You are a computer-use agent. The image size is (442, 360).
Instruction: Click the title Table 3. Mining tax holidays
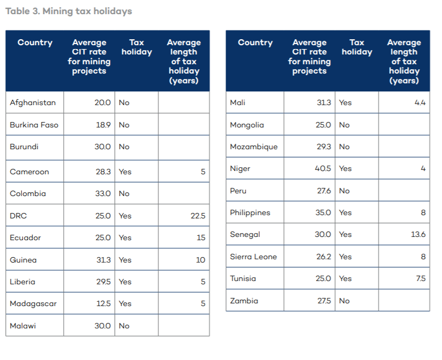tap(69, 11)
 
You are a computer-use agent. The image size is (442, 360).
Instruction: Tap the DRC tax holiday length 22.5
tap(197, 216)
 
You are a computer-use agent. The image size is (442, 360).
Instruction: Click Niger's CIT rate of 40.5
tap(323, 168)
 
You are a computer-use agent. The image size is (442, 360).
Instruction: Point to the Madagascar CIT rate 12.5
tap(103, 303)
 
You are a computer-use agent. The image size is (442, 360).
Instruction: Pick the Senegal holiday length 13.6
tap(419, 234)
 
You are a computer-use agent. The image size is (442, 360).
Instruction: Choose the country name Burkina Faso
tap(34, 125)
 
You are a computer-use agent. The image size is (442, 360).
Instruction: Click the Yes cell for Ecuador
tap(125, 237)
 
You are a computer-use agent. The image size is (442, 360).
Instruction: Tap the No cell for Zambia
tap(344, 301)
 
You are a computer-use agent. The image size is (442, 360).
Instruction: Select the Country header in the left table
tap(35, 42)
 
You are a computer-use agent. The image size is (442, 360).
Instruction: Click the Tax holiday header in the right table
tap(357, 47)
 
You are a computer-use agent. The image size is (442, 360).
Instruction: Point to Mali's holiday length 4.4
tap(420, 102)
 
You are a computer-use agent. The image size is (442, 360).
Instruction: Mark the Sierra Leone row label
tap(253, 257)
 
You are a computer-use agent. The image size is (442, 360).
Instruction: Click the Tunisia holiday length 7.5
tap(420, 278)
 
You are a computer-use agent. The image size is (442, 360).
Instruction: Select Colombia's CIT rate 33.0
tap(102, 193)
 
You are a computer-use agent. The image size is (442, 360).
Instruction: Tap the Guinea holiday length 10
tap(201, 260)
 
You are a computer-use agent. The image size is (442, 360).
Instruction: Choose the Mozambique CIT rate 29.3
tap(323, 147)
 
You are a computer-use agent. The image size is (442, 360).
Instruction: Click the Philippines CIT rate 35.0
tap(323, 212)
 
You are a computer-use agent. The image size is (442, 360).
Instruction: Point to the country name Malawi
tap(23, 326)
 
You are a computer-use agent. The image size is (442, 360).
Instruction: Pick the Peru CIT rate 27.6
tap(323, 191)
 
